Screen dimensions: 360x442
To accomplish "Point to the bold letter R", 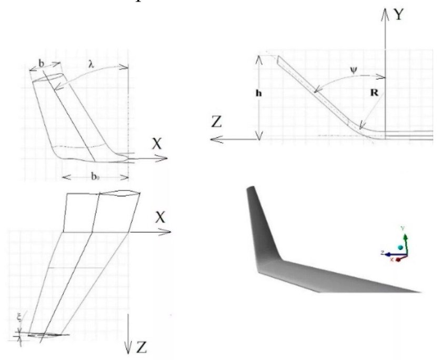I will (375, 93).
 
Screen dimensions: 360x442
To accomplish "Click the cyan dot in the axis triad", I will (400, 247).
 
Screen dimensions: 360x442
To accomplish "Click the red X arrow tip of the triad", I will (399, 259).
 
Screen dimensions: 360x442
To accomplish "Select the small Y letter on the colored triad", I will (403, 228).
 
